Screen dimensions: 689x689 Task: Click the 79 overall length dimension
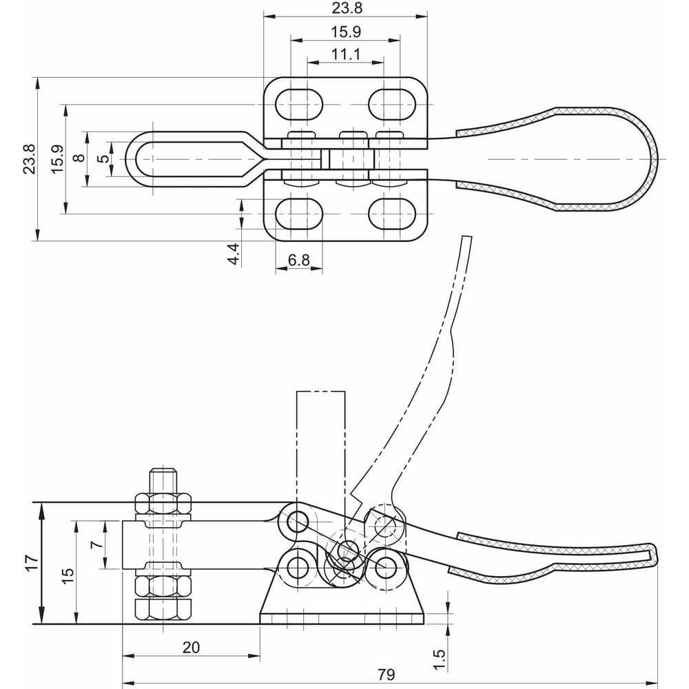[387, 674]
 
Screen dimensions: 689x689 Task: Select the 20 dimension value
[191, 647]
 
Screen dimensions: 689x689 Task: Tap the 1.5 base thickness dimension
[440, 660]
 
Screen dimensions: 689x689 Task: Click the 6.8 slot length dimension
[299, 260]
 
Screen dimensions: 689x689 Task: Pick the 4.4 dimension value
[234, 254]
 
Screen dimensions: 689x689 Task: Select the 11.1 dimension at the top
[346, 54]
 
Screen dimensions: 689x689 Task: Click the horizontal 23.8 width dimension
[347, 8]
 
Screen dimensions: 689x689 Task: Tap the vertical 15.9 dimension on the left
[58, 159]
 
